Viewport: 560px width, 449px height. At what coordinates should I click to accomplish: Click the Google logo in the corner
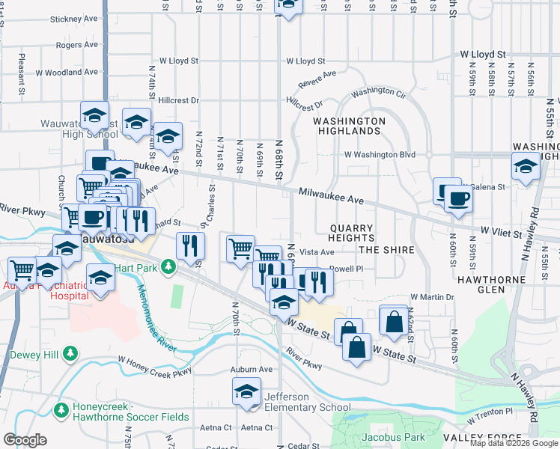(25, 440)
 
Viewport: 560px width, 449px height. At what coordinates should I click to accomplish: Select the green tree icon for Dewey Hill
(70, 352)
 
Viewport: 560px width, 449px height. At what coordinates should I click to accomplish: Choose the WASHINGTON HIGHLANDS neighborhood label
(349, 126)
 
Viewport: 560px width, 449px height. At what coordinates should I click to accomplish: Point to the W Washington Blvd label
(379, 154)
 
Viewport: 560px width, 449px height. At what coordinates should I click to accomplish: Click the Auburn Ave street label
(251, 370)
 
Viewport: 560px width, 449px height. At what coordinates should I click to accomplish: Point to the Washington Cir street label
(378, 91)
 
